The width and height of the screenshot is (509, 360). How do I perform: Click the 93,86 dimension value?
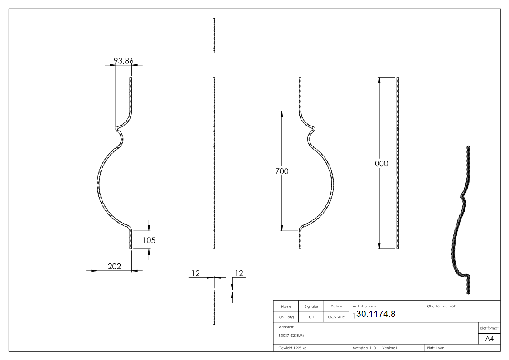click(x=123, y=61)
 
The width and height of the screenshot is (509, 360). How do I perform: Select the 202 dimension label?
click(x=115, y=267)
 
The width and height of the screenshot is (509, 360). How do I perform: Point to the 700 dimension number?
click(x=281, y=171)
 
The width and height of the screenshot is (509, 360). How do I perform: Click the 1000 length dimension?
click(x=379, y=164)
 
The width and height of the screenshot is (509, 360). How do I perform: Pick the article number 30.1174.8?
click(x=376, y=314)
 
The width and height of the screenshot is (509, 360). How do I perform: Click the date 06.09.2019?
click(x=336, y=317)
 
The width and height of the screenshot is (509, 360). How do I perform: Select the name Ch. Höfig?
click(x=286, y=317)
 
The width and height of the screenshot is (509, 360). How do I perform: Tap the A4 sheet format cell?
click(x=489, y=339)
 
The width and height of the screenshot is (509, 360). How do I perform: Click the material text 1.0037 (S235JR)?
click(x=291, y=336)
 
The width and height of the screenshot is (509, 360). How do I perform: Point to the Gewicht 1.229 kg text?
click(x=292, y=348)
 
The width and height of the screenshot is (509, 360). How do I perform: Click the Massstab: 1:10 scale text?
click(x=364, y=348)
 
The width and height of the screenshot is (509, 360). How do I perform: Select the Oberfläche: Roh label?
click(x=441, y=306)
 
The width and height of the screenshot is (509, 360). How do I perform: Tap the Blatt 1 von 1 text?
click(x=437, y=348)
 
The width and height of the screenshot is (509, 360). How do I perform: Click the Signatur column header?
click(x=311, y=306)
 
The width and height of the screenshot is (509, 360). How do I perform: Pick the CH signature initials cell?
click(x=311, y=317)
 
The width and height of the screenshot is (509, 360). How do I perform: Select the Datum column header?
click(x=336, y=306)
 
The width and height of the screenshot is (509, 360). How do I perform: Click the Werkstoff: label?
click(x=286, y=326)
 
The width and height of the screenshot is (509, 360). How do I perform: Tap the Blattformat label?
click(x=489, y=328)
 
